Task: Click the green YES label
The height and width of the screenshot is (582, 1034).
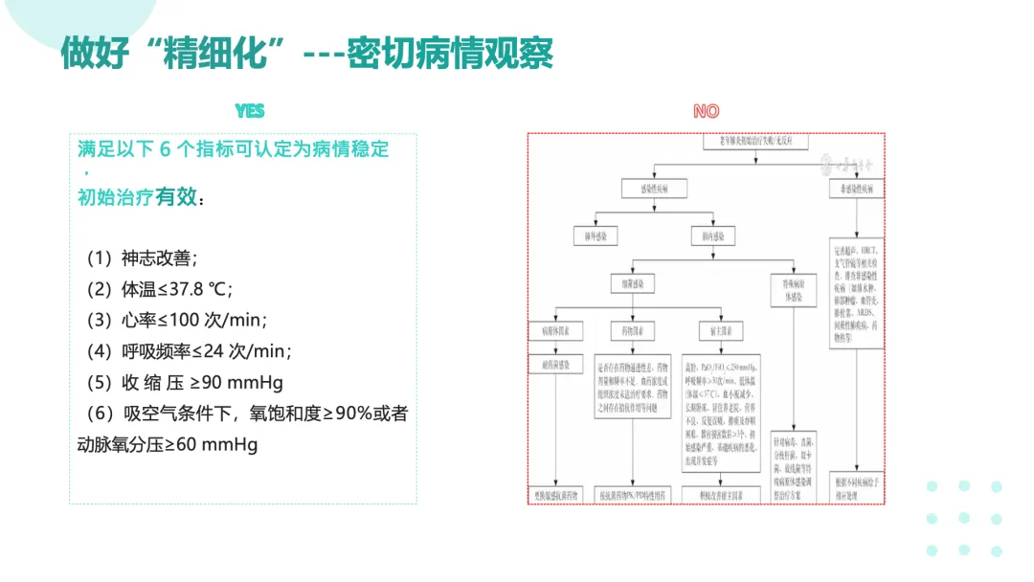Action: (x=250, y=111)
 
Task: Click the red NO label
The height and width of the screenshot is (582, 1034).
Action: (x=706, y=111)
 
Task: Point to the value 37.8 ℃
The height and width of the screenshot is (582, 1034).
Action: (x=199, y=289)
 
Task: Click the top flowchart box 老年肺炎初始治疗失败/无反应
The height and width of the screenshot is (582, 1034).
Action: (x=756, y=142)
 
